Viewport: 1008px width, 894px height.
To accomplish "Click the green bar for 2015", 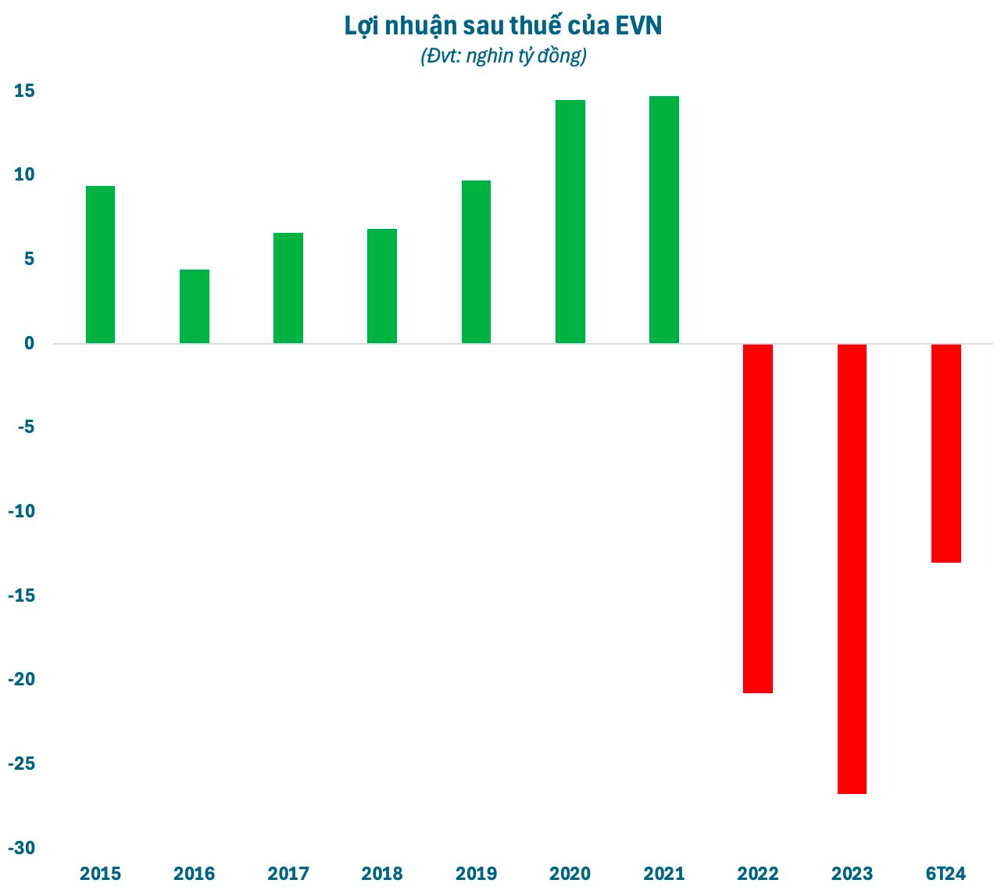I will [100, 264].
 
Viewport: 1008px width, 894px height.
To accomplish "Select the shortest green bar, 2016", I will [195, 306].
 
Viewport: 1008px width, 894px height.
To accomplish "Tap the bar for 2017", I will [288, 288].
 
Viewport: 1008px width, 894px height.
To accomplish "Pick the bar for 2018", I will [382, 286].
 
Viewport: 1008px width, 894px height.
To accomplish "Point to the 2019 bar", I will [476, 262].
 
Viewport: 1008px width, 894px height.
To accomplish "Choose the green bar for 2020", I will [570, 221].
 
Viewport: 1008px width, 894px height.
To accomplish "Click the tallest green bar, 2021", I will [664, 220].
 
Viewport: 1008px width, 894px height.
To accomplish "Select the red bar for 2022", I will [758, 518].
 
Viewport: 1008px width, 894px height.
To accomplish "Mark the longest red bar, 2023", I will [852, 569].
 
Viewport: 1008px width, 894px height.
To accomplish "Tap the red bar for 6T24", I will [946, 453].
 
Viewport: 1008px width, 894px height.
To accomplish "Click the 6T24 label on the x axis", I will [946, 873].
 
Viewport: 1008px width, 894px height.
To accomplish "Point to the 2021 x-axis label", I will [664, 873].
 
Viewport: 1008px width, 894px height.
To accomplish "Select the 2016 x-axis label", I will [195, 873].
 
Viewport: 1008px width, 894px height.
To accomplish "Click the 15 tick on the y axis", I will [24, 91].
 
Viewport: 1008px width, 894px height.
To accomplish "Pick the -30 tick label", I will [21, 847].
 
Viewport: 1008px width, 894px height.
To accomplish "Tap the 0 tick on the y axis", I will [29, 343].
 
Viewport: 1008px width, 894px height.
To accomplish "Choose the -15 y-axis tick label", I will [21, 595].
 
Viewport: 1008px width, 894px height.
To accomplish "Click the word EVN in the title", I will [639, 26].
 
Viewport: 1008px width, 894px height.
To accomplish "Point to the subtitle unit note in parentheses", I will [503, 56].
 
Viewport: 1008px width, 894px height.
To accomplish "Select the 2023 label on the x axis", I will [852, 873].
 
